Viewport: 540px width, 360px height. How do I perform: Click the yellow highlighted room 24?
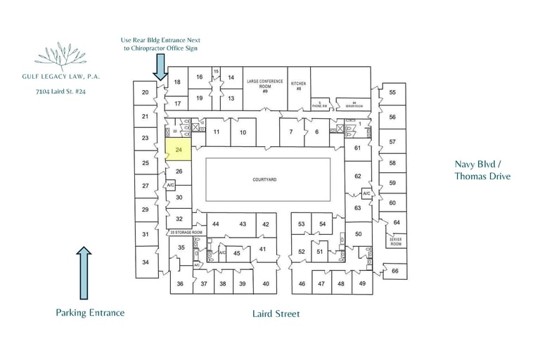click(179, 150)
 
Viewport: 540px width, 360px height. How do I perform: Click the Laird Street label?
click(276, 314)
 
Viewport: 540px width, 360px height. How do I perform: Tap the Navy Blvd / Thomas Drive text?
click(482, 170)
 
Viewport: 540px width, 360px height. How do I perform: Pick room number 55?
click(392, 92)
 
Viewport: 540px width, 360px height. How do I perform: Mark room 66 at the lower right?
click(395, 271)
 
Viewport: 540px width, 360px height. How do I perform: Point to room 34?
click(146, 262)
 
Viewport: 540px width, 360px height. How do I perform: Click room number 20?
click(146, 92)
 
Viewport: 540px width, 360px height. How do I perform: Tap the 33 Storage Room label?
click(186, 232)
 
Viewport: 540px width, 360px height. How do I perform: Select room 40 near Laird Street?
click(266, 283)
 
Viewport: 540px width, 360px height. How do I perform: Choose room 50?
click(358, 233)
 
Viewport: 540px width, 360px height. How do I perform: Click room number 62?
click(358, 176)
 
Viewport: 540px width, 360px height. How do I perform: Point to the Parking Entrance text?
click(90, 313)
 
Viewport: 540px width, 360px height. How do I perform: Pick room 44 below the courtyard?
click(216, 224)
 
